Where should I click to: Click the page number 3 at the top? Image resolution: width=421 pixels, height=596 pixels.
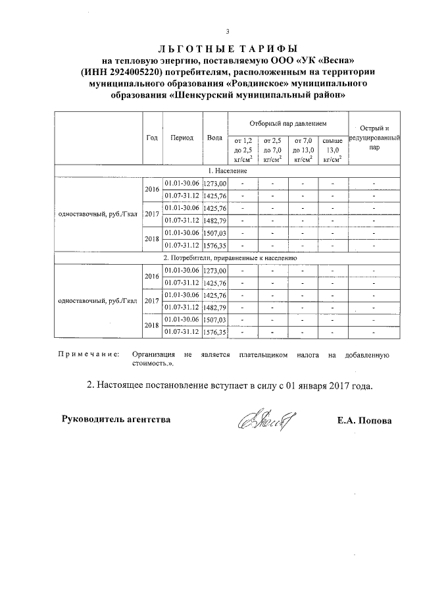coord(228,32)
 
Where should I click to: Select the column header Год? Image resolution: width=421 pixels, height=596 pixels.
coord(152,138)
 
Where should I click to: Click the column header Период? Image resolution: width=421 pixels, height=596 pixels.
coord(182,138)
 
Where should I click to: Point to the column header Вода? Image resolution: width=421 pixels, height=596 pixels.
coord(214,138)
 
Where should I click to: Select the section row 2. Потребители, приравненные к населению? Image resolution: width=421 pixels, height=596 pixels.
coord(230,258)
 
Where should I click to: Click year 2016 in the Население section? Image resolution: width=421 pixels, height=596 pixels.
coord(152,189)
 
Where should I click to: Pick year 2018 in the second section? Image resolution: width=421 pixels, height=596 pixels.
coord(152,326)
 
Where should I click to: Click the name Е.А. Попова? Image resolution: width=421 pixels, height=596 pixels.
coord(364,420)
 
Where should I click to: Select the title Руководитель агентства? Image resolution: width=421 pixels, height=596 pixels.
coord(116,419)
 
